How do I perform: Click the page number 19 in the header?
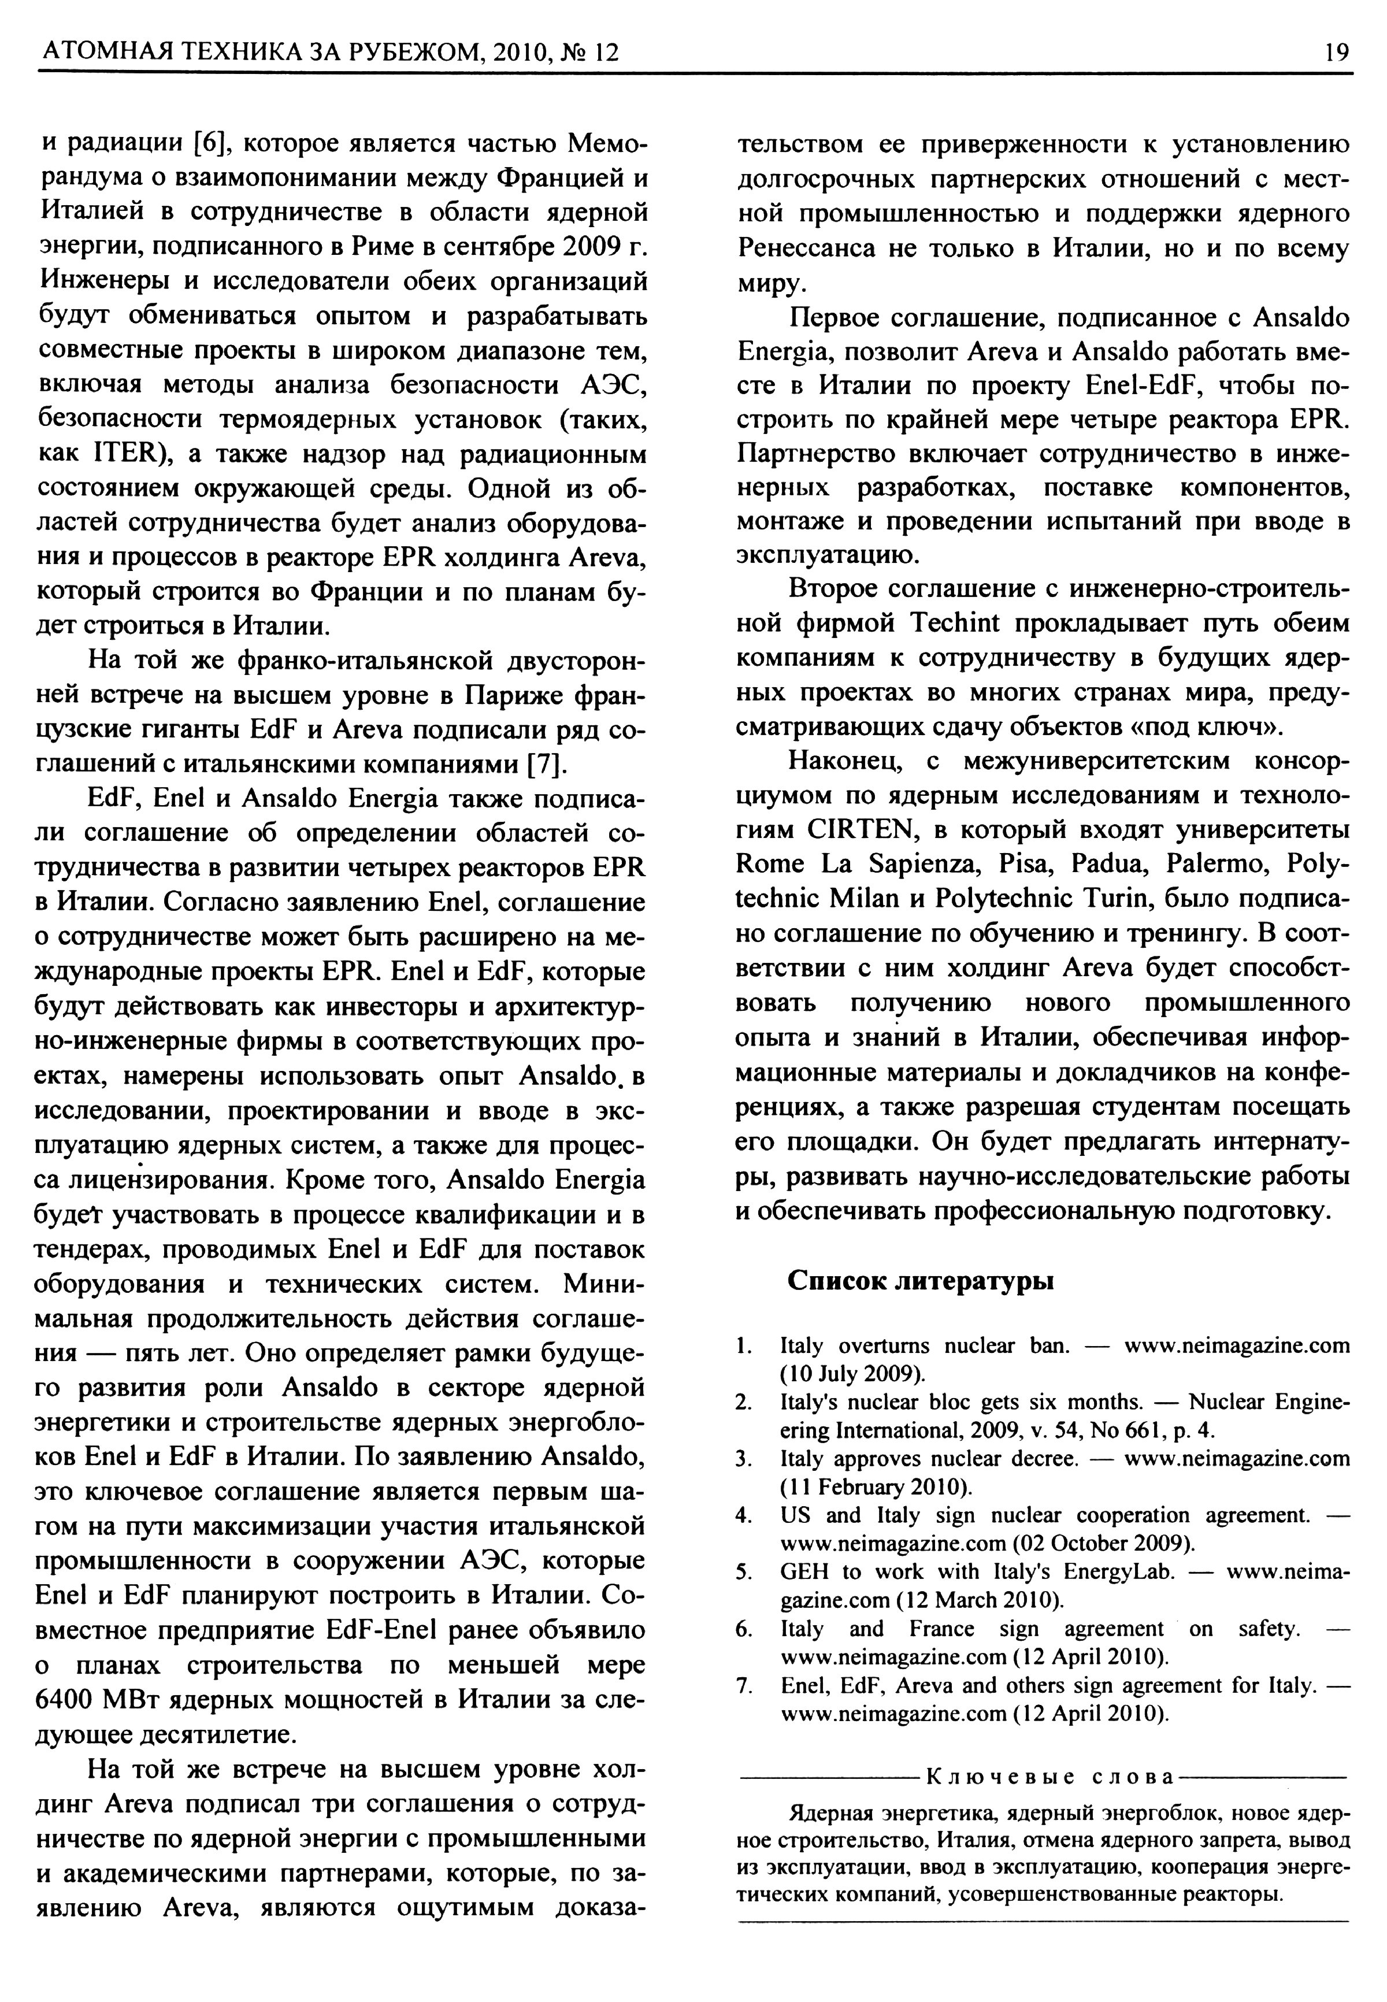coord(1337,53)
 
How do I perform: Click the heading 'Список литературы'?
coord(920,1280)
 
